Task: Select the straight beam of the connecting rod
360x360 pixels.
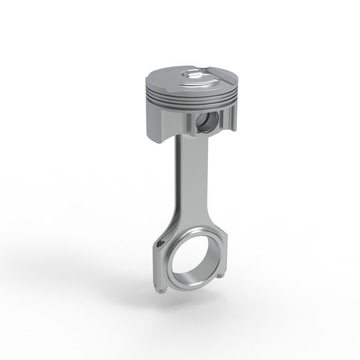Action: pos(183,181)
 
